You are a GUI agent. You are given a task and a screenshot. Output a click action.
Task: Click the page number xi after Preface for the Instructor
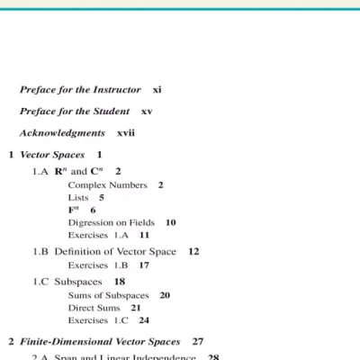157,90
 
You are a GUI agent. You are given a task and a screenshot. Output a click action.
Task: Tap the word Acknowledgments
62,133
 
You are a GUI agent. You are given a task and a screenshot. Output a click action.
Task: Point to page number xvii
126,133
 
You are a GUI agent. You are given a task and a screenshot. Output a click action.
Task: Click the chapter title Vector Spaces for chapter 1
52,155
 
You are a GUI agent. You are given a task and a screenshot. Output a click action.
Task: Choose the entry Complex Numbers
107,184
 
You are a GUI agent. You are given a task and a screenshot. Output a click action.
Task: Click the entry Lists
78,197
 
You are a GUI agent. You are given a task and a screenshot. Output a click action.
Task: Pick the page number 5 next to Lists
102,197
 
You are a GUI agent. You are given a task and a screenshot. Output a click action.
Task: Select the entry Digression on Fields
111,222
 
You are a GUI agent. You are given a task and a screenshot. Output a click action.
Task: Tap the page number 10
170,222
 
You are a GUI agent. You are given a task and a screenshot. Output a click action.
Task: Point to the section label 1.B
40,252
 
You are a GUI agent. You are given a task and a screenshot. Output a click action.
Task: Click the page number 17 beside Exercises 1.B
144,265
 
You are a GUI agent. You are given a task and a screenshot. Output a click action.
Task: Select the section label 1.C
40,282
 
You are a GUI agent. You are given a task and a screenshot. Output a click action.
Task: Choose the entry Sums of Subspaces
106,295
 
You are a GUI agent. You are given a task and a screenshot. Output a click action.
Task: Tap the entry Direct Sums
94,308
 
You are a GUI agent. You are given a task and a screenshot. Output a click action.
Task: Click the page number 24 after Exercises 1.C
144,320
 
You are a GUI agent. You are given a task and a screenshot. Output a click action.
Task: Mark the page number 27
198,342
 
